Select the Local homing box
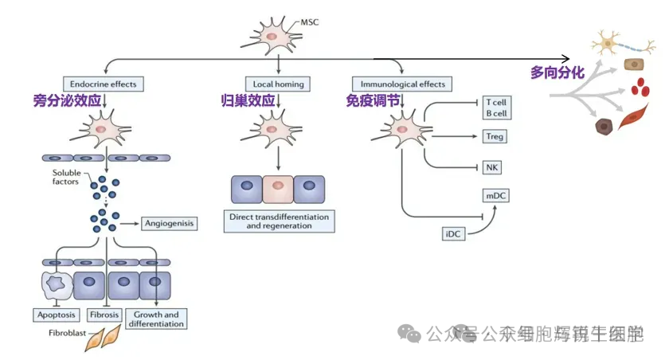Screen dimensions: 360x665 coord(277,84)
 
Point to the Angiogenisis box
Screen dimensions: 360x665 coord(169,224)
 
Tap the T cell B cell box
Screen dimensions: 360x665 coord(495,108)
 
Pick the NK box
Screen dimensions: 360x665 coord(491,167)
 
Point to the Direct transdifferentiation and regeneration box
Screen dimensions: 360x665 coord(279,221)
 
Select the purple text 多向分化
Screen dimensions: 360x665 coord(557,72)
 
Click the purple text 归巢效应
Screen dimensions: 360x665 coord(248,101)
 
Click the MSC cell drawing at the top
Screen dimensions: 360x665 coord(272,35)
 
